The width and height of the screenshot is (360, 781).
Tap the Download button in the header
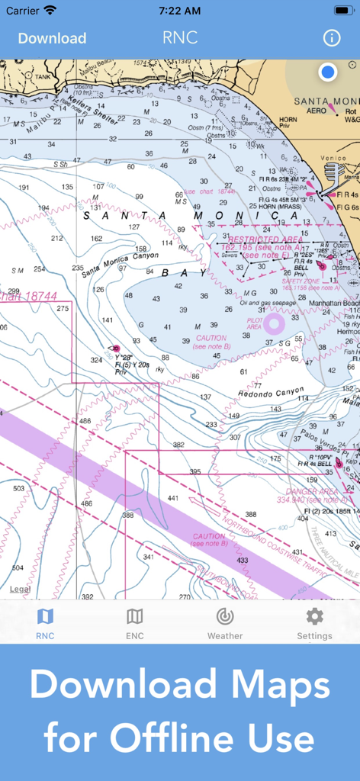[52, 38]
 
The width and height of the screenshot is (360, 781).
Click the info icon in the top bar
[331, 38]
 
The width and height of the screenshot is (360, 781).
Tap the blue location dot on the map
[328, 72]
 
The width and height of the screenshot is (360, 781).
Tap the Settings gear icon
[314, 616]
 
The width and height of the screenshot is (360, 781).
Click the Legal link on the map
[20, 589]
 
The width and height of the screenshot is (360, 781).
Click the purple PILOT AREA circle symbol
[274, 323]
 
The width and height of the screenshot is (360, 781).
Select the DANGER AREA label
[311, 492]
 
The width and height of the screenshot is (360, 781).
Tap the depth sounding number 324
[96, 360]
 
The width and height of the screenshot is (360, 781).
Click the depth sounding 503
[18, 489]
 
